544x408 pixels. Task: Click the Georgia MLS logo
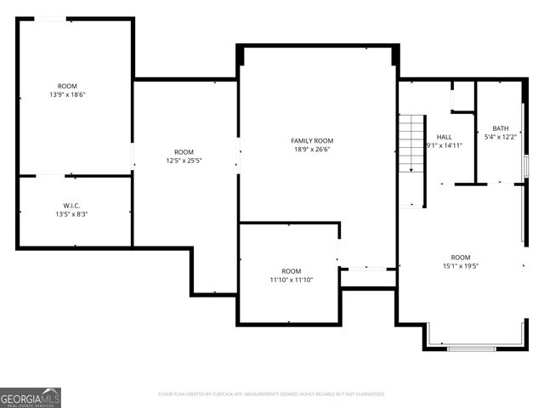[31, 397]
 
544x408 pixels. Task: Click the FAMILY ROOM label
[312, 140]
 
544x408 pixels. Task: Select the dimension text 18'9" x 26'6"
[312, 150]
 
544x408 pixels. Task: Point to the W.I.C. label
[71, 205]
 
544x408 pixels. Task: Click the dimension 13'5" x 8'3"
[71, 214]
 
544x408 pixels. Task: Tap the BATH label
[501, 128]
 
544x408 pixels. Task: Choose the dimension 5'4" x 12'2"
[501, 137]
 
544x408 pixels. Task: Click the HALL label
[445, 136]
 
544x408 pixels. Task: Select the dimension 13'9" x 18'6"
[67, 94]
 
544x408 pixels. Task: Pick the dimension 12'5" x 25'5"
[184, 160]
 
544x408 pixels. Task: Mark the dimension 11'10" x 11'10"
[292, 280]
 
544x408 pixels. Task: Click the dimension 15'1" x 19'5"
[461, 266]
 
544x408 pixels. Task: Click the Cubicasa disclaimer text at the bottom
[272, 394]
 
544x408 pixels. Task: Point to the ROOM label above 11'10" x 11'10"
[292, 271]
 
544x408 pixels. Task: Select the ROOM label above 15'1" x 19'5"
[461, 257]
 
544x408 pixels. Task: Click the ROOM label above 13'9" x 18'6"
[67, 86]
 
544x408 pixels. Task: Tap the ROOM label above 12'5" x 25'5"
[184, 151]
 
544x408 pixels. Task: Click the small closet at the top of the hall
[462, 96]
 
